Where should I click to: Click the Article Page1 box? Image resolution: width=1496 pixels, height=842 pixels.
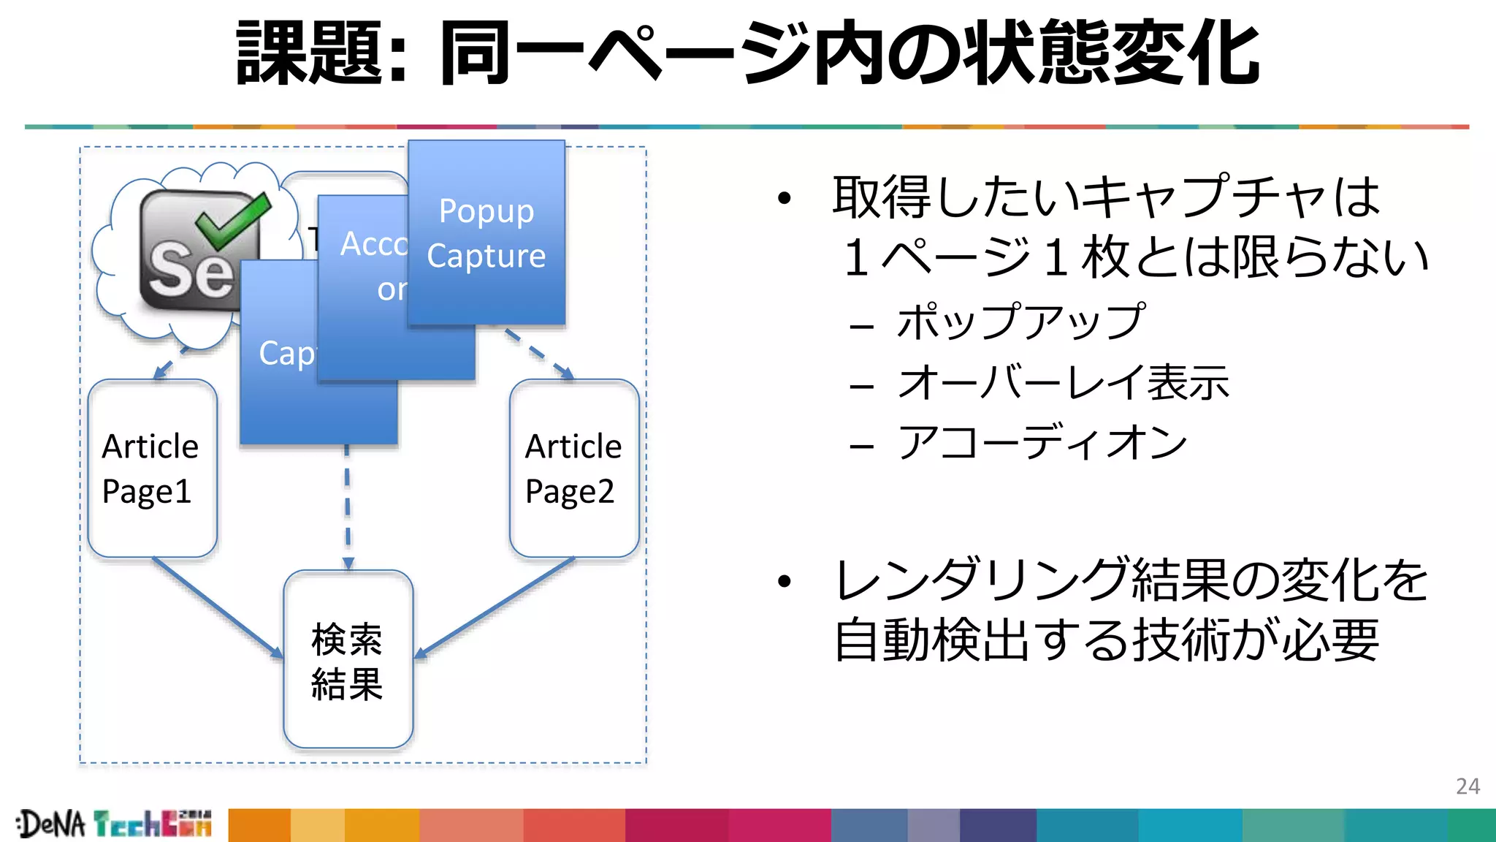point(152,468)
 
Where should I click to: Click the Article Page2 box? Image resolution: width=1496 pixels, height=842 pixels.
point(574,468)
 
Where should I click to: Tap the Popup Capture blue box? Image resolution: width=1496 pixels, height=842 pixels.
point(486,232)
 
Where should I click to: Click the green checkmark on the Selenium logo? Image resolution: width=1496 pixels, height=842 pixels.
point(232,219)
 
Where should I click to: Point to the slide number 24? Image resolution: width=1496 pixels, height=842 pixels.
point(1468,786)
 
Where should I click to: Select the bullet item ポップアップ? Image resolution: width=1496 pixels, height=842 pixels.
point(1020,322)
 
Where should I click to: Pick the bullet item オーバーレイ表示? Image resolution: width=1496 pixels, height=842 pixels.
point(1064,382)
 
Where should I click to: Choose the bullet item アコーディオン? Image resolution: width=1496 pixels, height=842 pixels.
point(1042,442)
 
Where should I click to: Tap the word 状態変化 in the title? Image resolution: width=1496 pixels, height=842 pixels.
point(1110,53)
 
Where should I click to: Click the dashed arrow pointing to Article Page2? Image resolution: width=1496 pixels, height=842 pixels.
point(539,354)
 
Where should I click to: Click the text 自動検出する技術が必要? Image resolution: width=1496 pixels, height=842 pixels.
point(1106,640)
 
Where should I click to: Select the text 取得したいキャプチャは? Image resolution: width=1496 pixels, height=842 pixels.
point(1106,197)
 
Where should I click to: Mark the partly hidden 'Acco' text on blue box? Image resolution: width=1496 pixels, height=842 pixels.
point(373,244)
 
